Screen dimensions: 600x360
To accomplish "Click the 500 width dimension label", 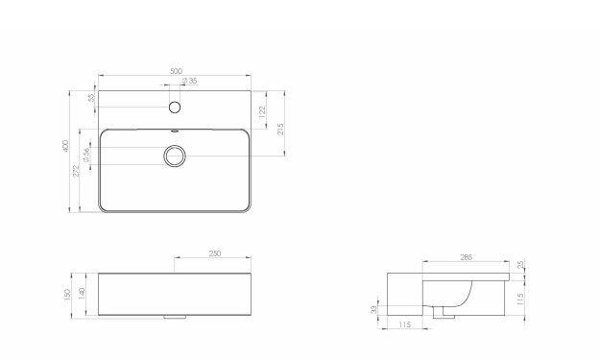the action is (176, 71).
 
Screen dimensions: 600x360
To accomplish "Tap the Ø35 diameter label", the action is (190, 81).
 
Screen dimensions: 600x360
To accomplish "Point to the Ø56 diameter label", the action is (86, 155).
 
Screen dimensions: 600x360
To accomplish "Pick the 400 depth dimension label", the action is (65, 147).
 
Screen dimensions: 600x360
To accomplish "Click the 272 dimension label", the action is (76, 171).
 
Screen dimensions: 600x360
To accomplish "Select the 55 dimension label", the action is (91, 98).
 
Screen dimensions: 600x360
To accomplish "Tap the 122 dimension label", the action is (262, 111).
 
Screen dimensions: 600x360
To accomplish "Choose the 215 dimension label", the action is (280, 129).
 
